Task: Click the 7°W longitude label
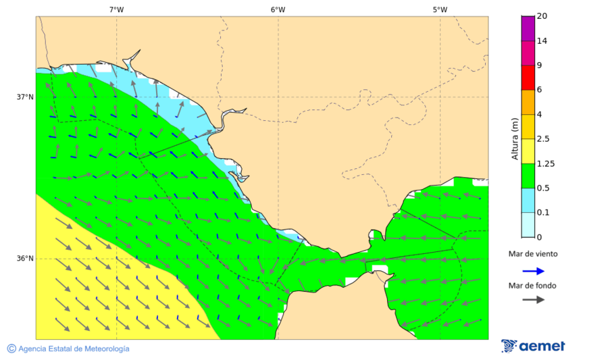pos(116,9)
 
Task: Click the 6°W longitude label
pos(278,9)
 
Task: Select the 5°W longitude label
pos(440,9)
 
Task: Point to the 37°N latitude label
pos(25,97)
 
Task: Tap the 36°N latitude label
pos(25,258)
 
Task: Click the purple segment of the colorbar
pos(528,28)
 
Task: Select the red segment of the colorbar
pos(528,77)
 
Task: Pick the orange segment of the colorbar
pos(528,102)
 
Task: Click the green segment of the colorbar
pos(528,176)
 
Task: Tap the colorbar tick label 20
pos(542,16)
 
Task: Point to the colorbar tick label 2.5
pos(544,139)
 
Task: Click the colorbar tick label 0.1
pos(544,213)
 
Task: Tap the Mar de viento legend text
pos(533,254)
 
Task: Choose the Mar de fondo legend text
pos(533,286)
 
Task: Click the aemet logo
pos(533,346)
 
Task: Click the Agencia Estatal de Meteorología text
pos(74,349)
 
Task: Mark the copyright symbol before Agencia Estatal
pos(11,349)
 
